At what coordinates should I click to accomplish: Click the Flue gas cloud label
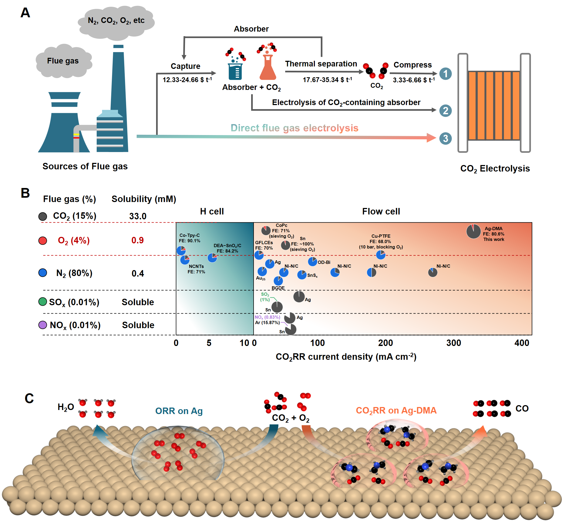(63, 61)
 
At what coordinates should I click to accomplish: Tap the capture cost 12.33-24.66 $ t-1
(187, 80)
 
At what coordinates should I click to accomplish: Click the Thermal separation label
(321, 64)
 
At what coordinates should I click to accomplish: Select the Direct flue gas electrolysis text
(294, 128)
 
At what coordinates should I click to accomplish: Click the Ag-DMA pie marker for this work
(473, 231)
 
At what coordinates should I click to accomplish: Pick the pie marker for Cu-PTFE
(381, 255)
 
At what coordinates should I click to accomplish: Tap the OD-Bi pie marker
(312, 262)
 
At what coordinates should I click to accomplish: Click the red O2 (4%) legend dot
(43, 240)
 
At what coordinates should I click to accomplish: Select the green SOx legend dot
(43, 301)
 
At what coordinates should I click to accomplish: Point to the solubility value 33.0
(138, 216)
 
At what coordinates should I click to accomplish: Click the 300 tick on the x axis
(454, 343)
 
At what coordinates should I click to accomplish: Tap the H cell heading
(212, 211)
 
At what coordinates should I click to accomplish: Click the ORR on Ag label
(179, 411)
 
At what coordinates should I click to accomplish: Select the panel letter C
(29, 398)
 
